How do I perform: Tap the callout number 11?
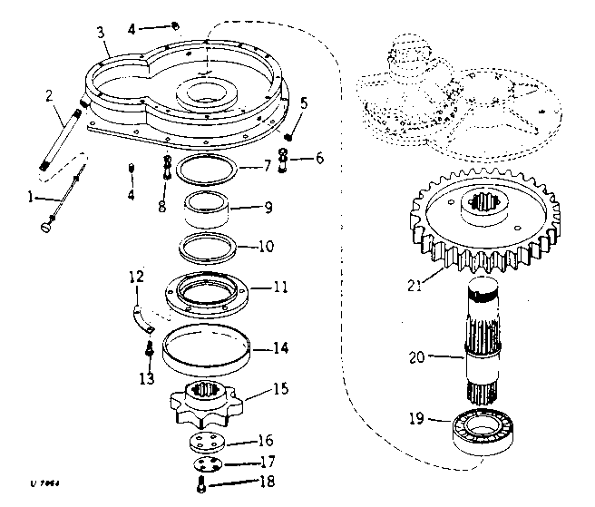click(x=282, y=288)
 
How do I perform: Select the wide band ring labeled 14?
click(x=205, y=346)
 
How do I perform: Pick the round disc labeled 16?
click(x=208, y=444)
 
